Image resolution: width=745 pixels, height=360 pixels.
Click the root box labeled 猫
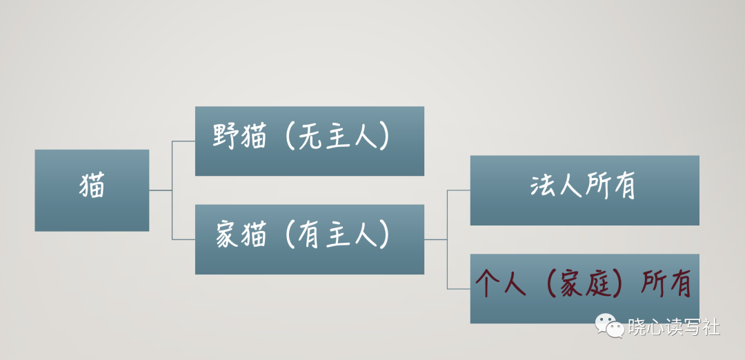click(x=92, y=190)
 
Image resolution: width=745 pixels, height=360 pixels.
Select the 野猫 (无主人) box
click(x=309, y=141)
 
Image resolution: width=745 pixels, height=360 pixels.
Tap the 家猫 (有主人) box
click(x=309, y=239)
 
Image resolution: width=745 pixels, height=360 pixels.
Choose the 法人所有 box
click(x=584, y=190)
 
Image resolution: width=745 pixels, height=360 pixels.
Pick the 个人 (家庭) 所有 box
click(x=584, y=288)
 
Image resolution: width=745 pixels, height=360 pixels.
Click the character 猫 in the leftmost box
click(x=92, y=186)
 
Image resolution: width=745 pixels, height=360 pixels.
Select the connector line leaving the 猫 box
click(x=160, y=190)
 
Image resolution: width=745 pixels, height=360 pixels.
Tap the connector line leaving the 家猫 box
click(x=435, y=239)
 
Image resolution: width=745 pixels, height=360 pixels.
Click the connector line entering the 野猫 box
click(x=183, y=141)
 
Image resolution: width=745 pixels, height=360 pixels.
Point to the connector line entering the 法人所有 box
click(x=459, y=190)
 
